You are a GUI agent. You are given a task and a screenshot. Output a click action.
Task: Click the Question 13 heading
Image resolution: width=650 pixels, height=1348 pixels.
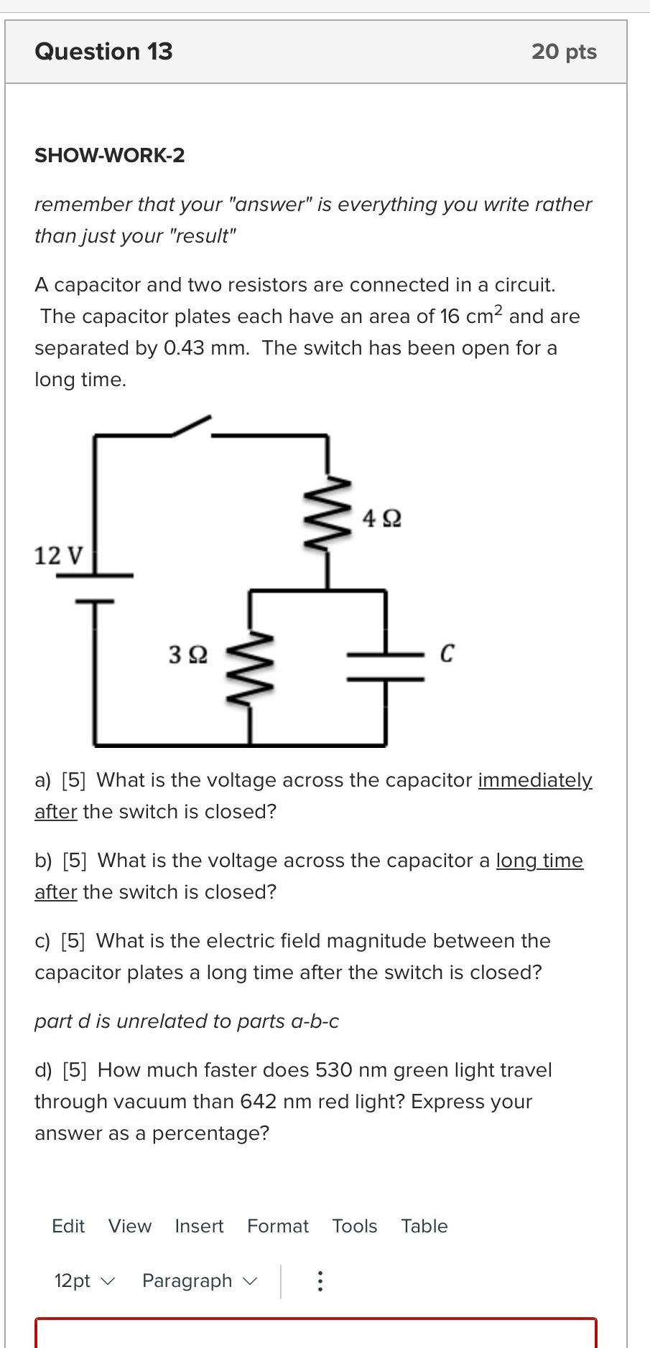point(103,52)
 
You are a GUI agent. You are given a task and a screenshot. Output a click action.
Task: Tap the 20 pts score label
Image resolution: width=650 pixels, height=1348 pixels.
point(564,52)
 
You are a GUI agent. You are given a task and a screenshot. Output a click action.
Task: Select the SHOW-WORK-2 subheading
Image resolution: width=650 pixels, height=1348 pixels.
point(109,155)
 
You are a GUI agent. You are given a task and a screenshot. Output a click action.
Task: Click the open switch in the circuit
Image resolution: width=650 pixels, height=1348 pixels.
point(191,426)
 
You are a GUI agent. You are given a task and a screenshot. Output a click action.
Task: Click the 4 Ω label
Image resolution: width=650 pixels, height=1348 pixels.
point(382,518)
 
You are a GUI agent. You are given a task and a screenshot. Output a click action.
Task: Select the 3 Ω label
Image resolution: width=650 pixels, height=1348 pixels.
point(188,655)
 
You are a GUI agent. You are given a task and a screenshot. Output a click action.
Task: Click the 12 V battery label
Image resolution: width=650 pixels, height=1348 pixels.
point(59,556)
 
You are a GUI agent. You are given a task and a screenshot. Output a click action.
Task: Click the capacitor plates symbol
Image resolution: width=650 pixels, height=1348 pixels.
point(386,666)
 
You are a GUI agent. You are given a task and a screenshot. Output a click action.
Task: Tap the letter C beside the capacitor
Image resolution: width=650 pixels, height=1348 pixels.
point(447,653)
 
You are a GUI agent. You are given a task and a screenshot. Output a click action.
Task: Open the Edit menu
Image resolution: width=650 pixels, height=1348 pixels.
point(68,1226)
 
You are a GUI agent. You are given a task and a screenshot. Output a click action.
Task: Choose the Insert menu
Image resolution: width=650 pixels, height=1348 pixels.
point(199,1226)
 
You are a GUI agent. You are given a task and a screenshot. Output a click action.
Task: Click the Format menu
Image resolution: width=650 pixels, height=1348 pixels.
point(278,1226)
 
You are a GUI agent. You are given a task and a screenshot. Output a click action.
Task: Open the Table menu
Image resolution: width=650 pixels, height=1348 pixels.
point(424,1226)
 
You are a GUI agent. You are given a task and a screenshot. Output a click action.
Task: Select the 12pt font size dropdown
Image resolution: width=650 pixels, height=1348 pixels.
point(84,1281)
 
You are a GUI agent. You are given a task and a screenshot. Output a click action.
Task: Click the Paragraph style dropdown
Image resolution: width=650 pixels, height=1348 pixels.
point(199,1281)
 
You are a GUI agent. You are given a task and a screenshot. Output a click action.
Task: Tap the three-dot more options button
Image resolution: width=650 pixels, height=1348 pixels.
point(320,1281)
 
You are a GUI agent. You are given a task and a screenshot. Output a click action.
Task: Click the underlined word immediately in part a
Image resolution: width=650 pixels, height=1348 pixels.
point(535,780)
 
